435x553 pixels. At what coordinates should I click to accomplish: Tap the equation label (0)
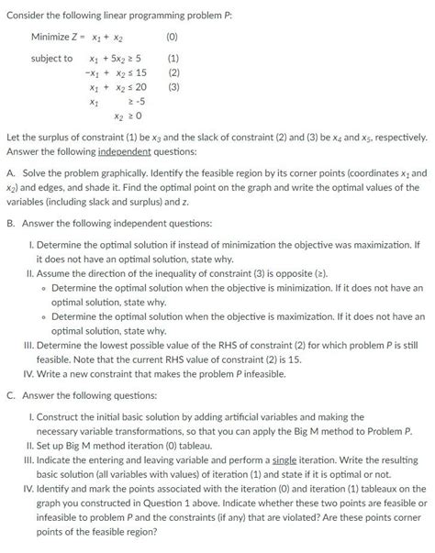(172, 37)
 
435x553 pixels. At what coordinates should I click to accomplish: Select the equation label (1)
(172, 59)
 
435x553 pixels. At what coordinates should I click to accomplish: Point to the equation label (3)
(172, 88)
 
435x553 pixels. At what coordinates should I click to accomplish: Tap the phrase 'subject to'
(51, 59)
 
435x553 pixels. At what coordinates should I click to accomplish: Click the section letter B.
(10, 223)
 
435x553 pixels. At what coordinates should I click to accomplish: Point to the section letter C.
(10, 394)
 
